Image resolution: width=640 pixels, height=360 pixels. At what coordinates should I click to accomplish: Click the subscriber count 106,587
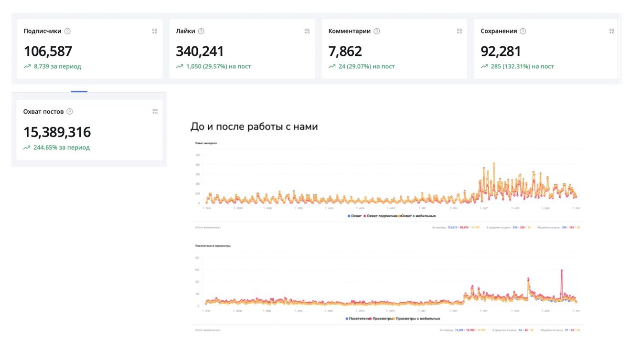pyautogui.click(x=48, y=51)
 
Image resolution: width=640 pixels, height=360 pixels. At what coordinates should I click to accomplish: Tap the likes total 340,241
pyautogui.click(x=200, y=51)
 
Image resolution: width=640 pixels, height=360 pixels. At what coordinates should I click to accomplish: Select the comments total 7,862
pyautogui.click(x=345, y=51)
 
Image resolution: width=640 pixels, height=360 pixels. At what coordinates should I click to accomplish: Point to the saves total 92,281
pyautogui.click(x=501, y=51)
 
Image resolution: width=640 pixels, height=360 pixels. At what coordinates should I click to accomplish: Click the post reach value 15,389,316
pyautogui.click(x=57, y=132)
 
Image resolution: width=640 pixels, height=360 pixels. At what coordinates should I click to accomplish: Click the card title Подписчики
pyautogui.click(x=43, y=31)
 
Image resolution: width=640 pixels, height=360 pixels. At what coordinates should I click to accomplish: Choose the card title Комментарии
pyautogui.click(x=349, y=31)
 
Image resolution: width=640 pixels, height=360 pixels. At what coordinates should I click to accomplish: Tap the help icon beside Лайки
pyautogui.click(x=201, y=31)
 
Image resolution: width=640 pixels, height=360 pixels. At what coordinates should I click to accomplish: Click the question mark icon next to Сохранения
pyautogui.click(x=523, y=31)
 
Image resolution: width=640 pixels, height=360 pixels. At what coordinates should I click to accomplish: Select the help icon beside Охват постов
pyautogui.click(x=70, y=112)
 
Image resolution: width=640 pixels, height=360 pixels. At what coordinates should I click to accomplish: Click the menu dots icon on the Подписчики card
pyautogui.click(x=155, y=31)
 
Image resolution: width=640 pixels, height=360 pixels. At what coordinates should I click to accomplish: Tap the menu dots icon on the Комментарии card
pyautogui.click(x=459, y=31)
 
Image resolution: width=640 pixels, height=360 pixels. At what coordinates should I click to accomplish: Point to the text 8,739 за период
pyautogui.click(x=57, y=66)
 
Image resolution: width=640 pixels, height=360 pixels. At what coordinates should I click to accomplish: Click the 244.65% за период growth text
pyautogui.click(x=61, y=148)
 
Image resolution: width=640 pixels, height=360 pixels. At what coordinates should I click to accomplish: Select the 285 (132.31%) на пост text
pyautogui.click(x=522, y=66)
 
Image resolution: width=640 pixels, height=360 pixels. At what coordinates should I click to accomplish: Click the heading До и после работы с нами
pyautogui.click(x=254, y=127)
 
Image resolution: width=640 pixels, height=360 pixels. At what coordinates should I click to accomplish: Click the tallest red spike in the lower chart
pyautogui.click(x=562, y=270)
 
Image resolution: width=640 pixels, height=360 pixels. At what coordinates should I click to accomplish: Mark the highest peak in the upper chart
pyautogui.click(x=494, y=163)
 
